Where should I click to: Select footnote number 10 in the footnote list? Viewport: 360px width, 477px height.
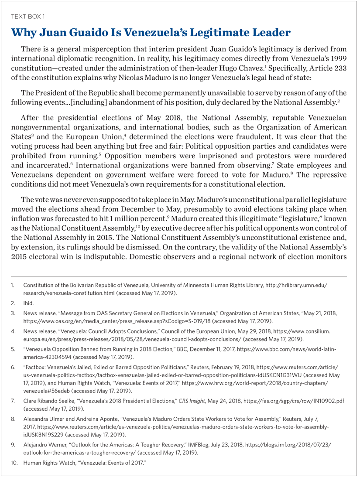[14, 462]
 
